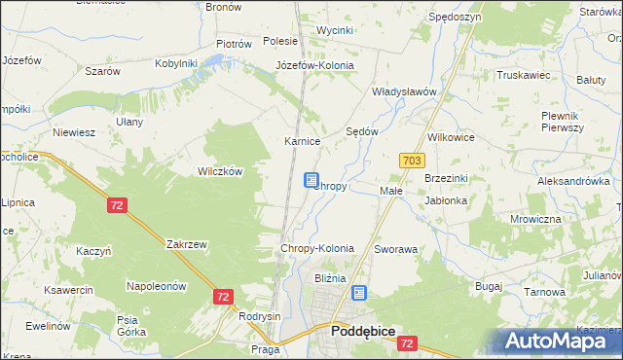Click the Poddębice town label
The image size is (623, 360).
pos(362,331)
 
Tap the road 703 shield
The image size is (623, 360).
pos(409,159)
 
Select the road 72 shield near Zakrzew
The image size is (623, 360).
pos(117,205)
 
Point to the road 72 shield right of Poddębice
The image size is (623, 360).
pos(408,343)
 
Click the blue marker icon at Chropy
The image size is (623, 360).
pos(311,181)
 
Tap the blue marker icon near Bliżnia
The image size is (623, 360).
pos(359,292)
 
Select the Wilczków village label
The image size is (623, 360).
pos(219,170)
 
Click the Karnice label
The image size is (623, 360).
pos(302,141)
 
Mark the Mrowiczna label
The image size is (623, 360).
pos(535,219)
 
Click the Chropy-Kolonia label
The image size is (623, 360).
pos(316,249)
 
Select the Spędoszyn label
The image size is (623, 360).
pos(454,18)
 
